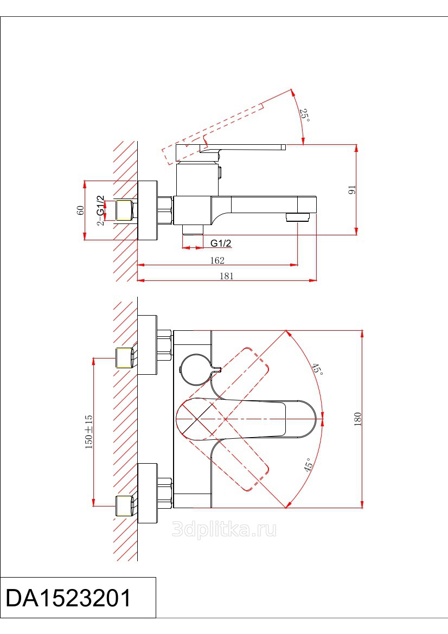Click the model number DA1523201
68,598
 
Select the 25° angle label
304,115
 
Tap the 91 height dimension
352,190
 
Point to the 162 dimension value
217,260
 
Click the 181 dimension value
226,276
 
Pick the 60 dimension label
80,210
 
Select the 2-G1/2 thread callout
100,210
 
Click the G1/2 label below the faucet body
221,243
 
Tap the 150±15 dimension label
88,432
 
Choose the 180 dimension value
357,419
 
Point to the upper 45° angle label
317,369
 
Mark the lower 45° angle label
308,465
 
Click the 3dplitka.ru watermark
225,529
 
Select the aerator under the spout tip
298,217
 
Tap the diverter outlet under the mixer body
192,229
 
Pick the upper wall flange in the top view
147,345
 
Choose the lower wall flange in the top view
147,494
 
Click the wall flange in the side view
147,210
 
